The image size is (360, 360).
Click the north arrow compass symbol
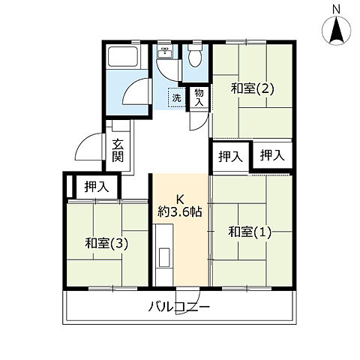point(337,31)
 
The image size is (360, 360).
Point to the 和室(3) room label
point(105,243)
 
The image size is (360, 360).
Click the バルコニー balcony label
point(178,307)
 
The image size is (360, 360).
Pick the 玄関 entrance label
point(118,151)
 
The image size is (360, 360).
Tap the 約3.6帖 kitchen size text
point(179,212)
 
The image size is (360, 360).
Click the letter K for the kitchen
point(179,199)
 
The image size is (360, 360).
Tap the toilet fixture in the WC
point(196,56)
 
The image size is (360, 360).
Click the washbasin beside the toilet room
point(165,54)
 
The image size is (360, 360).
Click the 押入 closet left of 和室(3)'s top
point(95,187)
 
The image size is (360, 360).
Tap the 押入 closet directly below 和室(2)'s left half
point(230,156)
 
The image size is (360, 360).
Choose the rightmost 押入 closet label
point(271,155)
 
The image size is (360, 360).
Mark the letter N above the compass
point(337,8)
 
